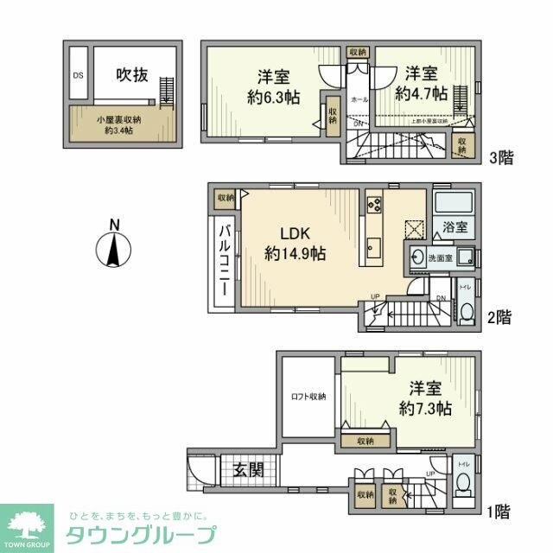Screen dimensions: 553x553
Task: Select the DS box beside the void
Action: [x=78, y=74]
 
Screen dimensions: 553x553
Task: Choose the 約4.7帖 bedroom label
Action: [x=421, y=82]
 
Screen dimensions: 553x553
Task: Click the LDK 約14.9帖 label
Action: [x=295, y=244]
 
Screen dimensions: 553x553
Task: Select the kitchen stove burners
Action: [x=375, y=204]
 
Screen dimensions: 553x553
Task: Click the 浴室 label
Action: [x=455, y=228]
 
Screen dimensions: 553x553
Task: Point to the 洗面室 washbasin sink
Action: [x=418, y=257]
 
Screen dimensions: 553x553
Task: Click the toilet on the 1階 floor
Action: [x=464, y=484]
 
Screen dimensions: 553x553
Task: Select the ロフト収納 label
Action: [x=307, y=397]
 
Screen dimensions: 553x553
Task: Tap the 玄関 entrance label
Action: [x=249, y=470]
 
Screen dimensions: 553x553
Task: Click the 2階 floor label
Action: [x=499, y=317]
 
